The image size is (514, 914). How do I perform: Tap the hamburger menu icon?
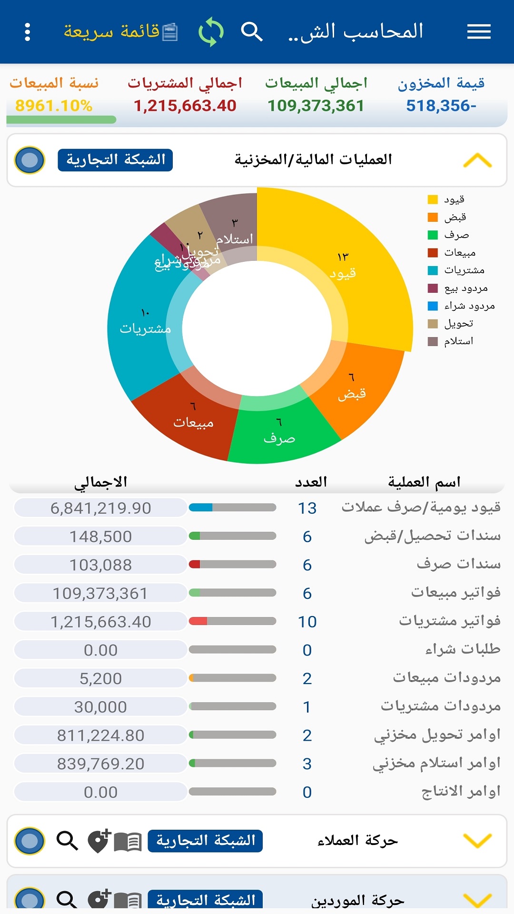pos(478,32)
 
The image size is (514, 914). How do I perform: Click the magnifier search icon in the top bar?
pos(251,32)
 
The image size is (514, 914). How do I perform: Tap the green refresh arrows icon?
pos(211,32)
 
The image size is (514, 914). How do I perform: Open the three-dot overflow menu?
pos(28,32)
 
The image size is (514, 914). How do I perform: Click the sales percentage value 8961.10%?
pos(54,106)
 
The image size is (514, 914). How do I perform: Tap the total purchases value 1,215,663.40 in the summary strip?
pos(185,106)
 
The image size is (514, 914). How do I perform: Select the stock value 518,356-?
pos(441,106)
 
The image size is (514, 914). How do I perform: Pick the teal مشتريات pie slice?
pos(138,324)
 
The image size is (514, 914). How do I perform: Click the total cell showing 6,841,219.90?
pos(100,508)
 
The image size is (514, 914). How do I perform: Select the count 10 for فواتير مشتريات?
pos(307,622)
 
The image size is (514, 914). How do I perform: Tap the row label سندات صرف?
pos(458,565)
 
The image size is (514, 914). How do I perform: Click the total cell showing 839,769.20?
pos(100,764)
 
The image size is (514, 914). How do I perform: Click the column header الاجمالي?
pos(100,482)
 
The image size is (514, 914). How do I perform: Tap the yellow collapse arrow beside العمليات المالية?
pos(477,160)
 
